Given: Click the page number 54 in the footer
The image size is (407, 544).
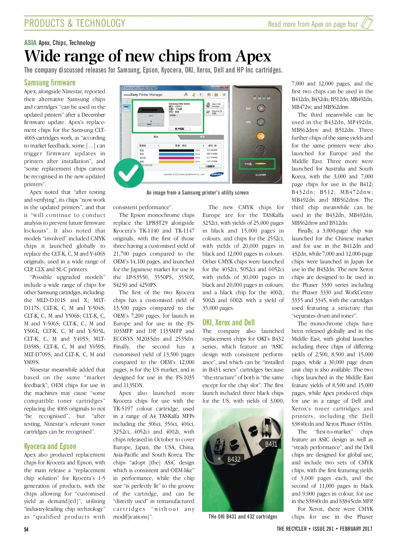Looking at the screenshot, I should coord(26,529).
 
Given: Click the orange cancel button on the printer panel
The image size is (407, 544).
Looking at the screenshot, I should coord(260,136).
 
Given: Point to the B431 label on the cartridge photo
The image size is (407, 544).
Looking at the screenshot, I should coord(271,444).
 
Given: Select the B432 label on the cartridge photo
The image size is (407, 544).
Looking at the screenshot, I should coord(234,459).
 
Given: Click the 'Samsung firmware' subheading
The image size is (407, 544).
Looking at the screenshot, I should coord(50,83).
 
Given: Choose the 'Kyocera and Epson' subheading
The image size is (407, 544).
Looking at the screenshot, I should coord(50,446).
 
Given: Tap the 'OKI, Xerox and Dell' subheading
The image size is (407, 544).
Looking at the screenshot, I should coord(228,322).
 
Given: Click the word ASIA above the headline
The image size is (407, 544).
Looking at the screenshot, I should coord(30,43).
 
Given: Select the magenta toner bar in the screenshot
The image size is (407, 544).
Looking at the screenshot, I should coord(176,158).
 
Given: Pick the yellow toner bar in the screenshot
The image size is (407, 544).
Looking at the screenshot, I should coord(176,161).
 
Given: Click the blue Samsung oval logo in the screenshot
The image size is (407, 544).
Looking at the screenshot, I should coord(217,175).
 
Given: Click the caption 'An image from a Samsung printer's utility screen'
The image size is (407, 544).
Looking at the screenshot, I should coord(197,193).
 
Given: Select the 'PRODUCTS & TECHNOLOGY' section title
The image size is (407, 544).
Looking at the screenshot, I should coord(75,23).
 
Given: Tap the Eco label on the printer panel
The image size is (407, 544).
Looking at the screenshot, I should coord(248,108).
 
